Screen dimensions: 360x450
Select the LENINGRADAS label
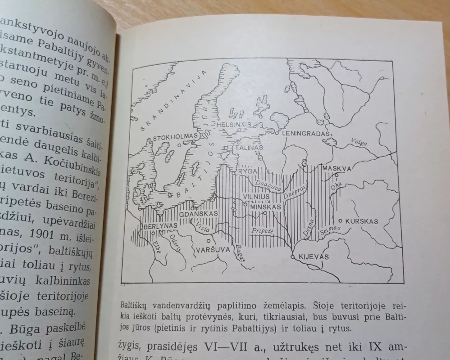click(x=307, y=134)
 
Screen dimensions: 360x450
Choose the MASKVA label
click(x=336, y=168)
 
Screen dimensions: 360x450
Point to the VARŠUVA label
click(x=213, y=249)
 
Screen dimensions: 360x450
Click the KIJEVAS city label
click(x=314, y=256)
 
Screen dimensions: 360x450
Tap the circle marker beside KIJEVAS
click(x=293, y=256)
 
